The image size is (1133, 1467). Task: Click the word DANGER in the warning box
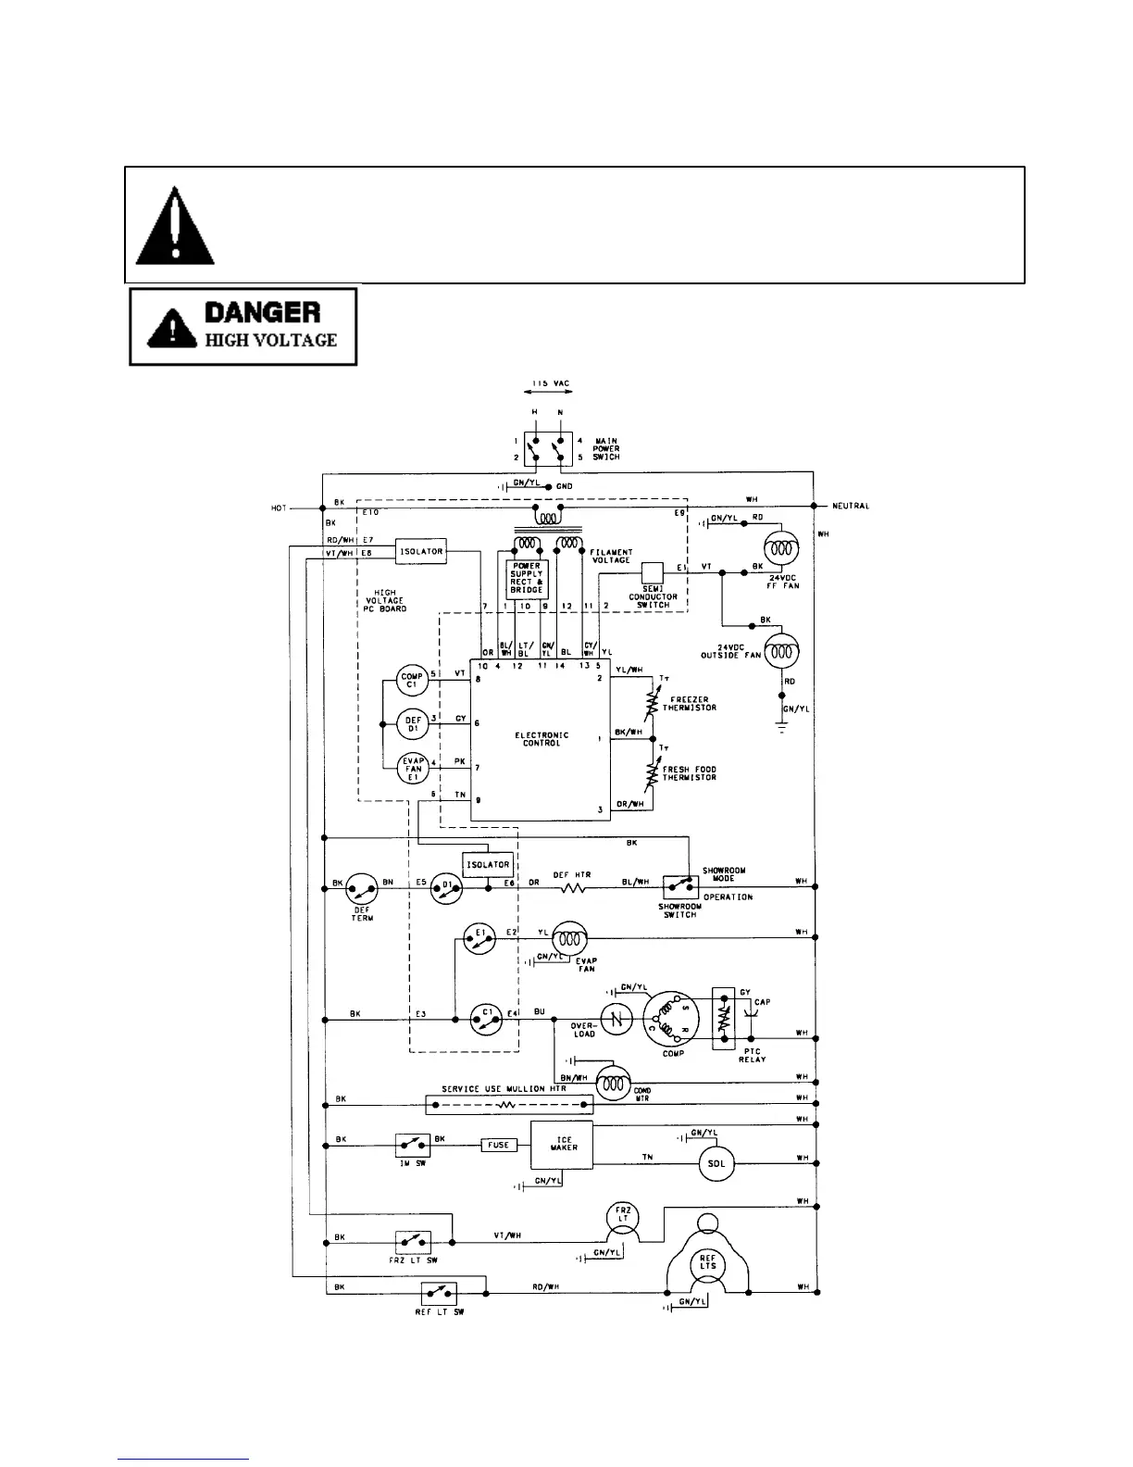point(263,311)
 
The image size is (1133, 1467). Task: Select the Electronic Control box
point(541,739)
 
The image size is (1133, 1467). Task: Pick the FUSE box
point(498,1146)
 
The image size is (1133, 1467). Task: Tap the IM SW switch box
point(412,1146)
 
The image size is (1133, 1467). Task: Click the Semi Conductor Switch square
point(653,571)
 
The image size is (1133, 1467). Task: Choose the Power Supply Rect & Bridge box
point(526,578)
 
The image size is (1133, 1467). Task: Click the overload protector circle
point(616,1020)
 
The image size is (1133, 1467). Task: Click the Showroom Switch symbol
point(681,884)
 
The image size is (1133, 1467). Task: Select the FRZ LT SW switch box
point(413,1241)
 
